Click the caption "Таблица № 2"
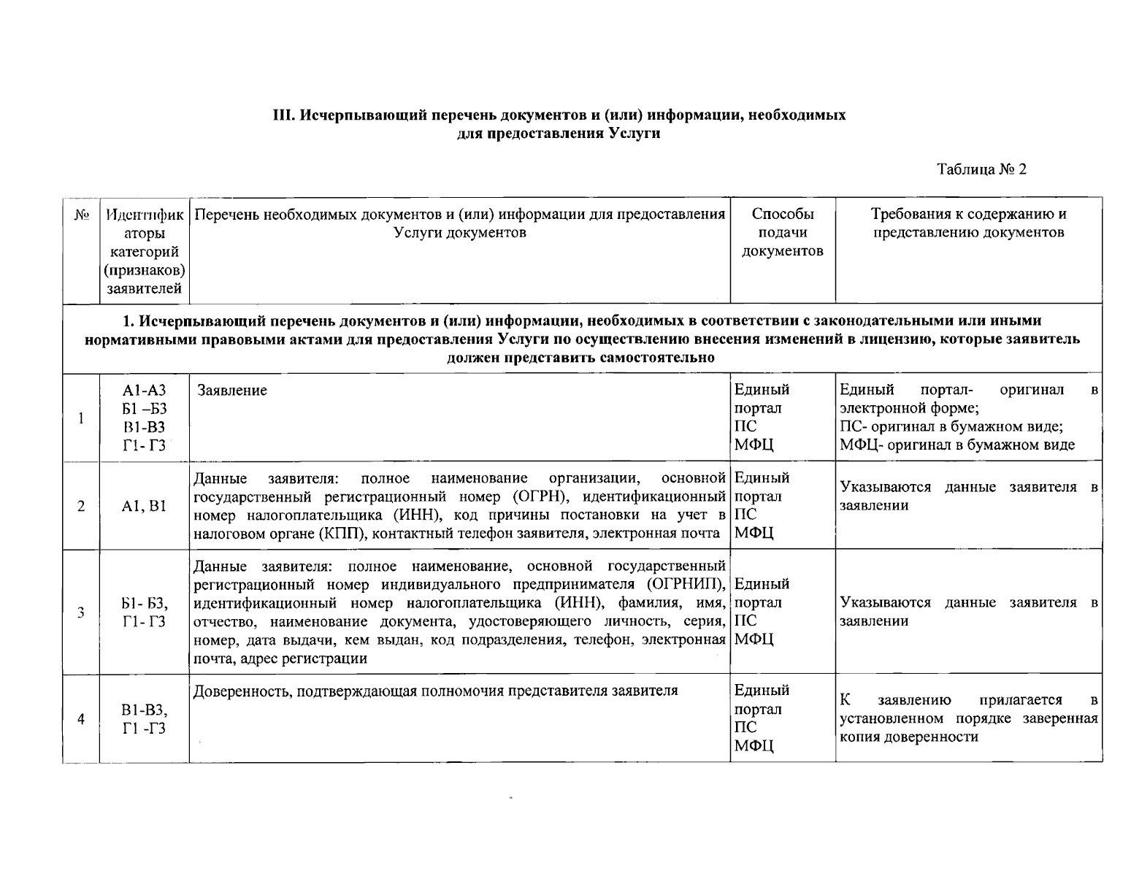(981, 169)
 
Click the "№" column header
(81, 215)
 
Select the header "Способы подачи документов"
(782, 233)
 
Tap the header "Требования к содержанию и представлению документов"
(968, 223)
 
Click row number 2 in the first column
(81, 506)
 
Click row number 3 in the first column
(81, 612)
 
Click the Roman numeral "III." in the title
(283, 115)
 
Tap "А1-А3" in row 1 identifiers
(145, 391)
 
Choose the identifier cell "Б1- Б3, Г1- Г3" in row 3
(145, 612)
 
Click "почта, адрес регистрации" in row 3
(280, 658)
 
